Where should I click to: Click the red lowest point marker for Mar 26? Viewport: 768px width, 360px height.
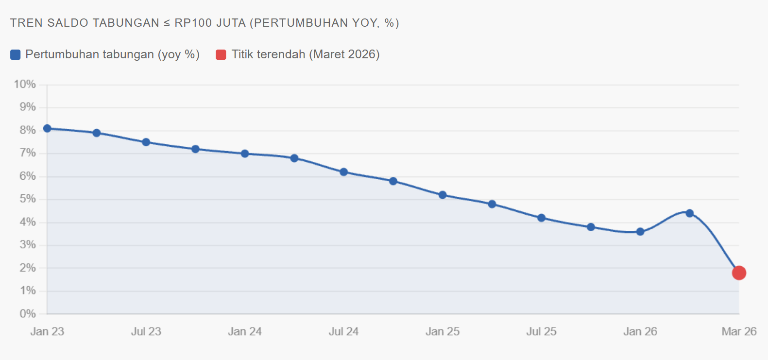coord(739,273)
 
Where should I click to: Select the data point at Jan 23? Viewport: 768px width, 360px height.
coord(47,129)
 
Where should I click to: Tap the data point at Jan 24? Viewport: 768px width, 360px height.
coord(245,154)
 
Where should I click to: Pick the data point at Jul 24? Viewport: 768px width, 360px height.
coord(344,172)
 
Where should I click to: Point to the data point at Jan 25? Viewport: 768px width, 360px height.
coord(443,195)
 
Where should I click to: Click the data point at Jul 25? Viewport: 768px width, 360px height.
coord(541,218)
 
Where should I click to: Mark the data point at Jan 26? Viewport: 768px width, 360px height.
coord(640,232)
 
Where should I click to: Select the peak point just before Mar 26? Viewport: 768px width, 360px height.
coord(690,213)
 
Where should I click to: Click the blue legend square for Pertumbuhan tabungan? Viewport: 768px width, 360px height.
coord(16,54)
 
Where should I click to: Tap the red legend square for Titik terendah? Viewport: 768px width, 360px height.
coord(221,54)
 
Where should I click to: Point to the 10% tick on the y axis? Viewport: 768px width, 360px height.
coord(25,85)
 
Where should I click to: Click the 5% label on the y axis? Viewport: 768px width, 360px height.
coord(28,199)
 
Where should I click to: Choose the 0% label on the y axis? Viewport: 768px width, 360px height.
coord(28,314)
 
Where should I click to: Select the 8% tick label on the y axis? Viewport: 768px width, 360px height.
coord(28,130)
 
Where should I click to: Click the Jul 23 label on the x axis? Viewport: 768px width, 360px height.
coord(146,331)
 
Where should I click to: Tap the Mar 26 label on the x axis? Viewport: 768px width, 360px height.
coord(739,331)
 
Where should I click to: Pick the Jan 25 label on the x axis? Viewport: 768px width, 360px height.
coord(443,331)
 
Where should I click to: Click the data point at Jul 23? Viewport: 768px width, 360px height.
coord(146,142)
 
